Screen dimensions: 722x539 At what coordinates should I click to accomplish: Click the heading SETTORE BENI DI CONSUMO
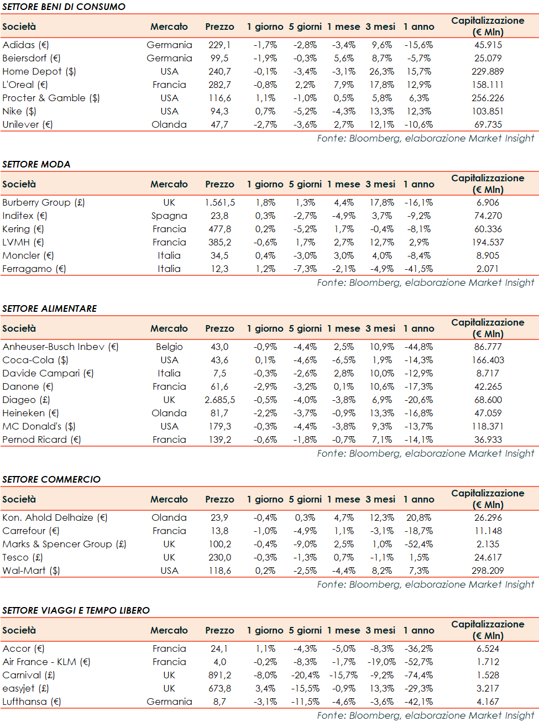pyautogui.click(x=64, y=7)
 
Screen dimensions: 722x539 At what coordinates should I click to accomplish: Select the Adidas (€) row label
pyautogui.click(x=25, y=45)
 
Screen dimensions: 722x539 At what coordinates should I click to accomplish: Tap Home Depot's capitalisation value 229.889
pyautogui.click(x=488, y=71)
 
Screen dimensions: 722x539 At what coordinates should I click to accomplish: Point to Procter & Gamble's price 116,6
pyautogui.click(x=219, y=98)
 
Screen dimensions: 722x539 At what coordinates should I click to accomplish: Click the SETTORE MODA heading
pyautogui.click(x=36, y=164)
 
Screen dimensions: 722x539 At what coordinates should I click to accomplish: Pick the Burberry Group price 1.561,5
pyautogui.click(x=219, y=202)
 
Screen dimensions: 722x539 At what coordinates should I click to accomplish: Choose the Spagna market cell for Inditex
pyautogui.click(x=169, y=216)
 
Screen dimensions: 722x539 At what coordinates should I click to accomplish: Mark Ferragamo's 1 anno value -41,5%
pyautogui.click(x=418, y=269)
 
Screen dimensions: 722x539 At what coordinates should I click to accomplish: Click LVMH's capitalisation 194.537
pyautogui.click(x=488, y=242)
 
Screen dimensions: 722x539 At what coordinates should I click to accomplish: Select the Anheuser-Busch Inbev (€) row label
pyautogui.click(x=60, y=347)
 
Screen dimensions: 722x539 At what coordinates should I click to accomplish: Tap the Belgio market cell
pyautogui.click(x=169, y=347)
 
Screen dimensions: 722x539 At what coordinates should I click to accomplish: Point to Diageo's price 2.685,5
pyautogui.click(x=219, y=400)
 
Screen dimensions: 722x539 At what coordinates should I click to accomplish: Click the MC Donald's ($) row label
pyautogui.click(x=39, y=426)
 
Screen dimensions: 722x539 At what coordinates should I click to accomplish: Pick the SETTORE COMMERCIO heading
pyautogui.click(x=51, y=479)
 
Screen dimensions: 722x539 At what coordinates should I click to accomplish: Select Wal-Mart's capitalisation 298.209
pyautogui.click(x=488, y=571)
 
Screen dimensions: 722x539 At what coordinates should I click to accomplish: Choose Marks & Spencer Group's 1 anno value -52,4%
pyautogui.click(x=418, y=544)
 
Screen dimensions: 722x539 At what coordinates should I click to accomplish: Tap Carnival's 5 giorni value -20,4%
pyautogui.click(x=305, y=675)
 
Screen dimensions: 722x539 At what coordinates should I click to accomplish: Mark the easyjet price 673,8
pyautogui.click(x=219, y=688)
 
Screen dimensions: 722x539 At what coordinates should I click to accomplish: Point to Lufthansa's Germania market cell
pyautogui.click(x=169, y=702)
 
